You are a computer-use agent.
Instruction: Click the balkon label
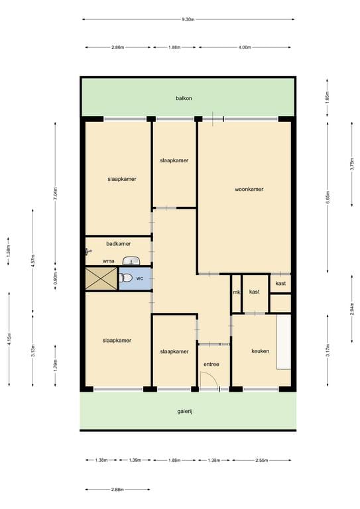pos(184,98)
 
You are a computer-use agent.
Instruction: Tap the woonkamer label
pos(249,189)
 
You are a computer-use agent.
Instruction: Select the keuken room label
pos(260,351)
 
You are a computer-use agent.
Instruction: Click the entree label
pos(211,364)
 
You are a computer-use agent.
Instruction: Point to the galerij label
pos(184,411)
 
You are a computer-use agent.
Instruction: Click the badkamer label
pos(118,243)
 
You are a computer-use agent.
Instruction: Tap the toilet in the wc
pos(127,278)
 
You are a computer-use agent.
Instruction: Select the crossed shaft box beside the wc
pos(100,278)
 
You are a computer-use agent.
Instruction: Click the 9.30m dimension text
pos(188,19)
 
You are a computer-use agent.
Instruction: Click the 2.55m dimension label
pos(263,460)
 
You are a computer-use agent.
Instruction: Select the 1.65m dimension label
pos(327,98)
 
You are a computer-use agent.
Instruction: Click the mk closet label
pos(235,292)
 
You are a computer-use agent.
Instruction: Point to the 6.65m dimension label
pos(327,197)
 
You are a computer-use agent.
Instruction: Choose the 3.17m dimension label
pos(327,351)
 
